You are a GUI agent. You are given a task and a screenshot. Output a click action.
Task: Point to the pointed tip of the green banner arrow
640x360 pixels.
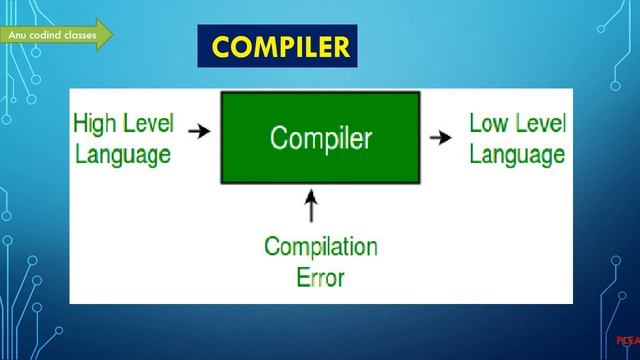point(112,34)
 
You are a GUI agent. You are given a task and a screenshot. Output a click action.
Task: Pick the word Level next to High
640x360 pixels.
point(149,124)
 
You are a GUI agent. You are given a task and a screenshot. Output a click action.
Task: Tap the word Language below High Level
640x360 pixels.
point(121,154)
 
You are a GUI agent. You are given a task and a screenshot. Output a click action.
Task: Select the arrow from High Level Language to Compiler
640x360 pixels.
point(199,131)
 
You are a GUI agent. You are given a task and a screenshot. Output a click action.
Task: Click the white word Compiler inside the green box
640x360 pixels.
point(321,138)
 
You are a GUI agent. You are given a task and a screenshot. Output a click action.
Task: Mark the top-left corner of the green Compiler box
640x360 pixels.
point(222,92)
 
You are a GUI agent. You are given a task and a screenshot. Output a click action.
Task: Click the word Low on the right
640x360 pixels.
point(490,124)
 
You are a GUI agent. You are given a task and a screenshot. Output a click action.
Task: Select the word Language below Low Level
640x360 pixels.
point(517,154)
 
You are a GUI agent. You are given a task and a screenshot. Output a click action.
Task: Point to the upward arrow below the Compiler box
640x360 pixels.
point(311,206)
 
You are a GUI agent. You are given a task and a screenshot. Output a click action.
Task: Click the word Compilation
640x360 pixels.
point(320,246)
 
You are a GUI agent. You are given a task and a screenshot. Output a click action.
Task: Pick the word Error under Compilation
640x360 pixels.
point(320,276)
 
